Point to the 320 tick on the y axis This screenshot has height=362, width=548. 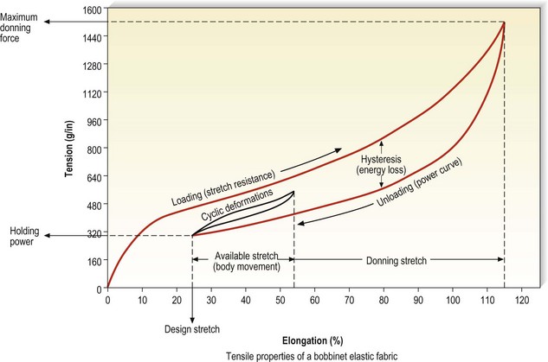coord(94,234)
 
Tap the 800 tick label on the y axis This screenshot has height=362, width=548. coord(94,149)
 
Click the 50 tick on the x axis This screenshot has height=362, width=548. coord(280,300)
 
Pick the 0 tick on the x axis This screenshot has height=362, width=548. coord(107,300)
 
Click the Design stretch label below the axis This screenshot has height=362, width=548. coord(191,329)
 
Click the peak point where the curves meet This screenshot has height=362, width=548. coord(504,22)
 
